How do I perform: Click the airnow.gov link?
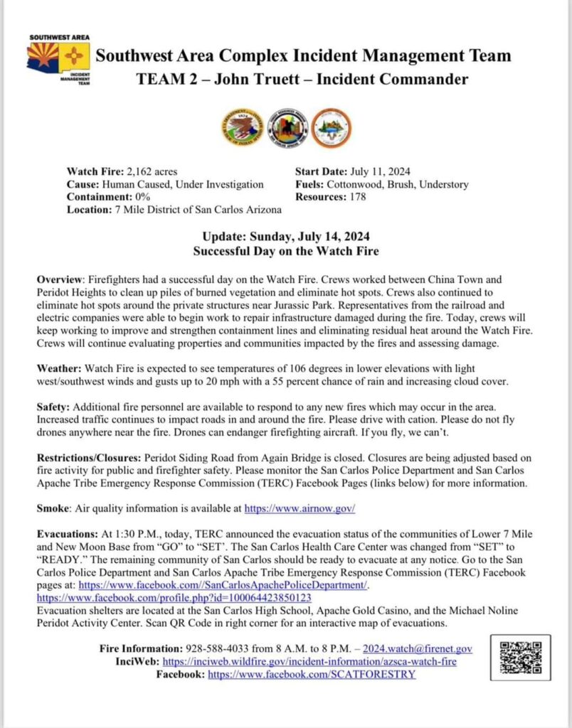coord(300,509)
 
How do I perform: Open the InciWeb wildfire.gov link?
coord(309,661)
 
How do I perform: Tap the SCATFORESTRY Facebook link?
coord(311,674)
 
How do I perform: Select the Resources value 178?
coord(356,197)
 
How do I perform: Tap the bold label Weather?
coord(59,369)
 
